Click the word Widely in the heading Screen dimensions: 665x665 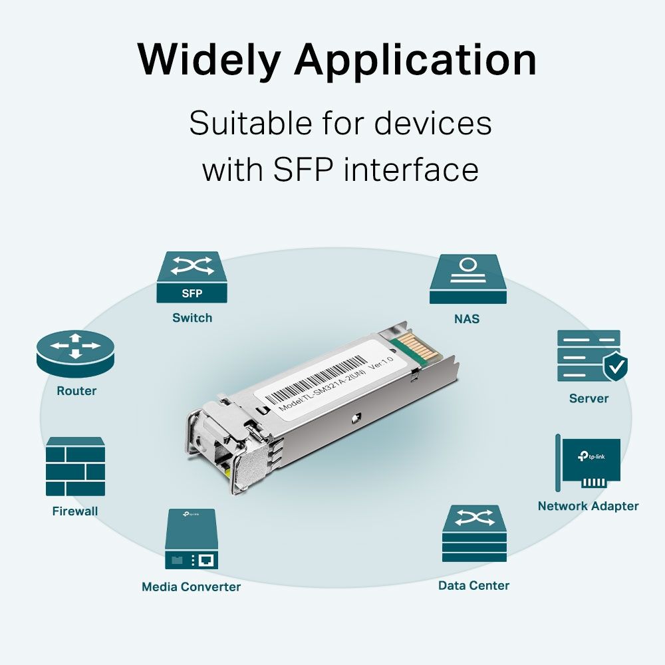click(x=209, y=61)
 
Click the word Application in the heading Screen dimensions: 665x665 click(x=415, y=61)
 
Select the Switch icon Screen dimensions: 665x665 click(x=192, y=277)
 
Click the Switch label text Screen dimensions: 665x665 click(x=192, y=318)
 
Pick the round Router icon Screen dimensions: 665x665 click(x=76, y=352)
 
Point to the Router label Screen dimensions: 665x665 click(x=76, y=391)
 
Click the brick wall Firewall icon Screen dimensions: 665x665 click(x=75, y=467)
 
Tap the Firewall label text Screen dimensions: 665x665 click(x=75, y=511)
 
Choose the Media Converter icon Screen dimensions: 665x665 click(x=191, y=539)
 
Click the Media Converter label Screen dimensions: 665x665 click(x=191, y=587)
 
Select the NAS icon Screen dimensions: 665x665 click(x=467, y=279)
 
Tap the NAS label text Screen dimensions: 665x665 click(x=467, y=319)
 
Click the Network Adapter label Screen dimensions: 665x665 click(x=588, y=506)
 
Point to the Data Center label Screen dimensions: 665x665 click(x=473, y=586)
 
